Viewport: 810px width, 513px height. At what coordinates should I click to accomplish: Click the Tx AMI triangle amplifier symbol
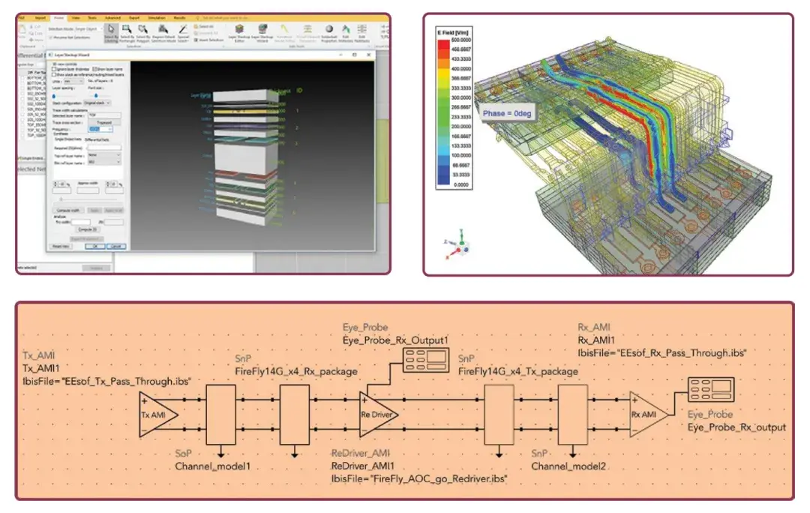pos(157,414)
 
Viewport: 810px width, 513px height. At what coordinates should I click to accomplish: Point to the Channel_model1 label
pos(212,466)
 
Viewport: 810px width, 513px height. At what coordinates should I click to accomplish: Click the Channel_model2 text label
pos(568,466)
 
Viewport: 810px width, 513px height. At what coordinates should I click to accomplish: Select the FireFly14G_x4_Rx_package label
pos(292,370)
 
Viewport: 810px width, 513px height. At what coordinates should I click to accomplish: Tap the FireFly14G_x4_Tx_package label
pos(518,370)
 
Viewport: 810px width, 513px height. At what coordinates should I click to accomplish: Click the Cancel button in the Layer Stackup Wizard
pos(116,245)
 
